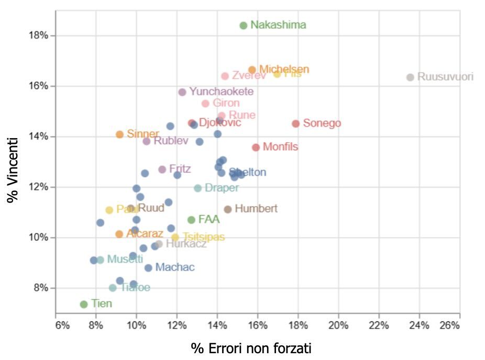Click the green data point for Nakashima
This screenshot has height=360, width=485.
click(x=243, y=26)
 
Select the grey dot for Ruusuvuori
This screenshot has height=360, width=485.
click(x=410, y=77)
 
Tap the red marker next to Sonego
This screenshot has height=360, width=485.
click(x=295, y=124)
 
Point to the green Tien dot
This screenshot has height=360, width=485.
click(x=84, y=304)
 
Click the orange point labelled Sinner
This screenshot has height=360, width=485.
click(x=119, y=134)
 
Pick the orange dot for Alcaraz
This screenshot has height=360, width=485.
click(x=119, y=234)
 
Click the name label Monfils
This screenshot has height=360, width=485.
click(x=280, y=147)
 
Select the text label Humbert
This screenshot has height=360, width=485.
click(x=256, y=209)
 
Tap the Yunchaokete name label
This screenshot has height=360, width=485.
click(x=221, y=92)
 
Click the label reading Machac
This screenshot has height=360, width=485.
click(x=175, y=267)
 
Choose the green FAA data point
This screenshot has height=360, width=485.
click(x=191, y=220)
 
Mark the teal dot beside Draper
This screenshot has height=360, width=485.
click(x=197, y=188)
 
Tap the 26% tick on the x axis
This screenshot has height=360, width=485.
click(x=449, y=325)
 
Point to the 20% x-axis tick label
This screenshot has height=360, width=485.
click(x=338, y=325)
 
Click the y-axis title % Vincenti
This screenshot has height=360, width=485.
click(x=14, y=170)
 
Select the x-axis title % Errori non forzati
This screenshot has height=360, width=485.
click(x=251, y=348)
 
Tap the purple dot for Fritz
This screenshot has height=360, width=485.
click(x=162, y=170)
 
